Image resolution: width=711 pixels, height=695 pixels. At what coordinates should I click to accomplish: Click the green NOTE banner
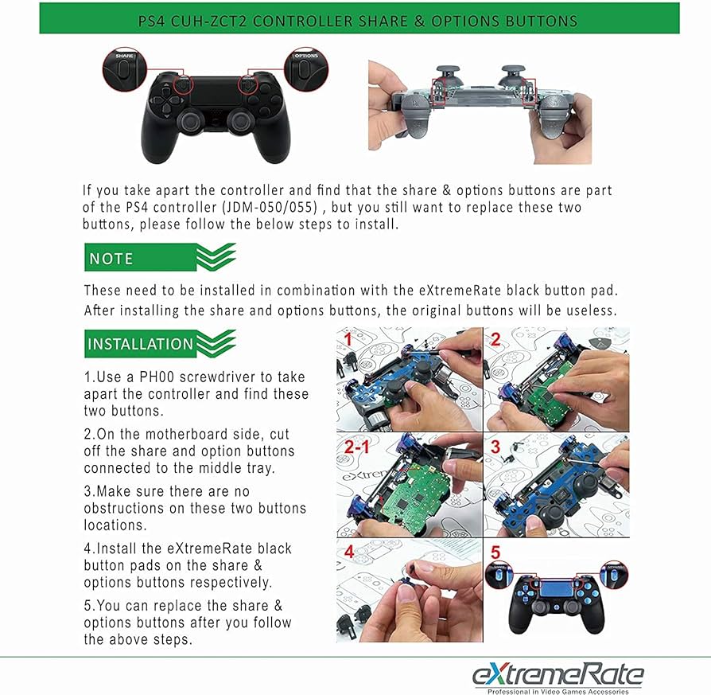click(x=160, y=257)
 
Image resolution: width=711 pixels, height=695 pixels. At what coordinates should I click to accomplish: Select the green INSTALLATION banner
click(x=160, y=344)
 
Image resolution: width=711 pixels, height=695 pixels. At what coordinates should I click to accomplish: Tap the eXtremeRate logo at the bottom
click(x=558, y=677)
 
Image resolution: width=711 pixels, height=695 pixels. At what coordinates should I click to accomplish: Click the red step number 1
click(x=348, y=339)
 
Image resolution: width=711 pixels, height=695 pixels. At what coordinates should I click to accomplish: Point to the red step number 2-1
click(x=357, y=447)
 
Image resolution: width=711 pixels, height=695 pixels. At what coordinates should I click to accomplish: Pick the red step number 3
click(x=495, y=447)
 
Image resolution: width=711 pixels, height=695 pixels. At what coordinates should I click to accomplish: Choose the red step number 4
click(x=348, y=552)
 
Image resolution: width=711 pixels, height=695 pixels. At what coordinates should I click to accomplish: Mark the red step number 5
click(x=495, y=552)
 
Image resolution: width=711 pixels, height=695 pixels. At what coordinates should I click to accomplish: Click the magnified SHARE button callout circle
click(x=125, y=69)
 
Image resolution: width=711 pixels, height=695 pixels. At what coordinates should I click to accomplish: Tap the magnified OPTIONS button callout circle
click(x=306, y=69)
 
